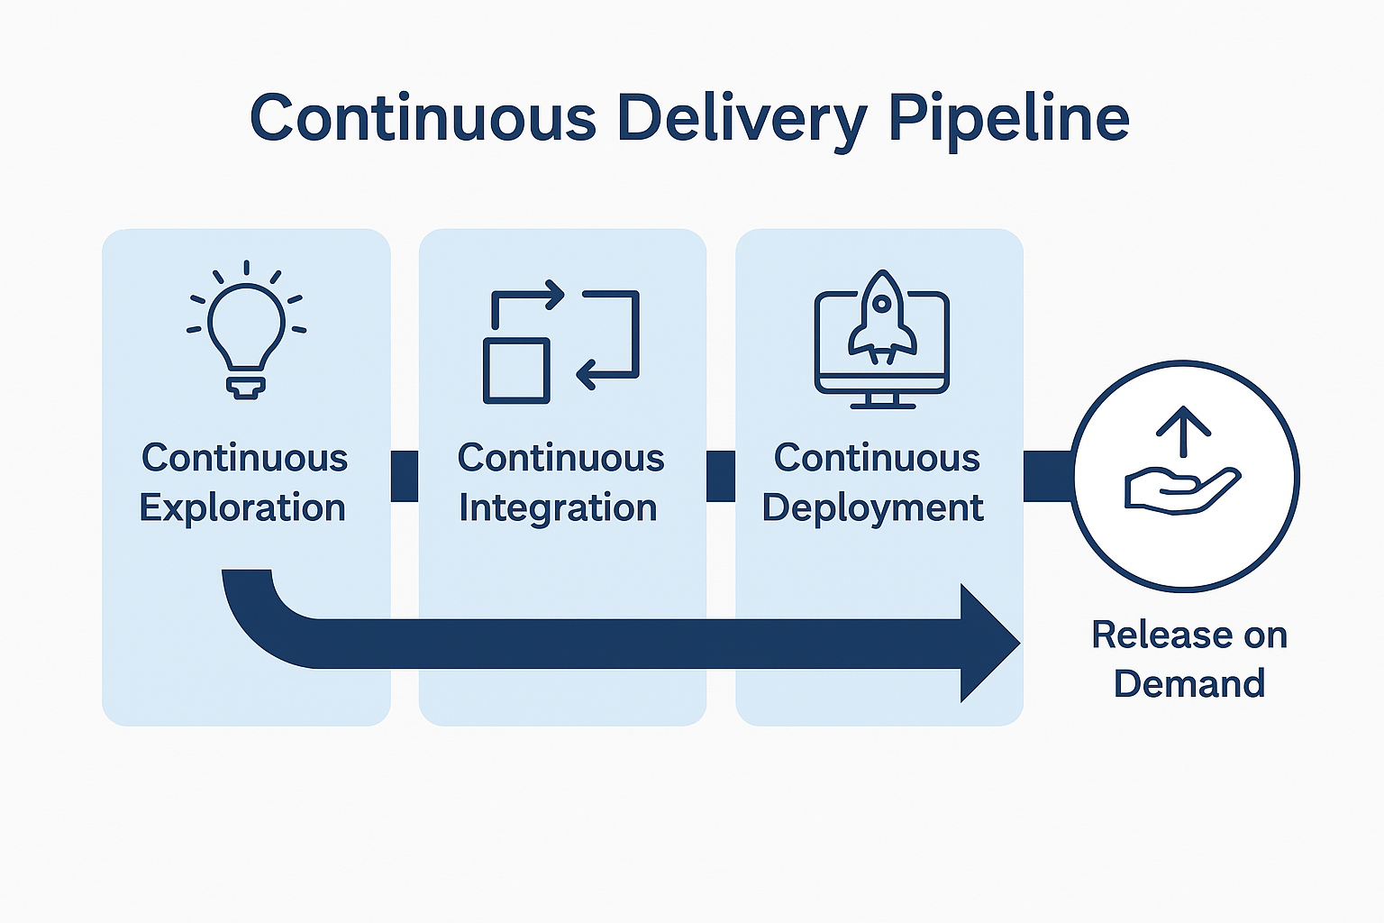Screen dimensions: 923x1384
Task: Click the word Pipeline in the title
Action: pyautogui.click(x=1008, y=119)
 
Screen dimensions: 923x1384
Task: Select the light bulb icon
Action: pyautogui.click(x=246, y=330)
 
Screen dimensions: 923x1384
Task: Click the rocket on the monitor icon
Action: pyautogui.click(x=882, y=315)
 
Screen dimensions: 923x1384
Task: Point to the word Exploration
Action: pyautogui.click(x=242, y=508)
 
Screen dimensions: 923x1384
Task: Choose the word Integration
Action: pyautogui.click(x=558, y=508)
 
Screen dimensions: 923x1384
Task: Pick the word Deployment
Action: pyautogui.click(x=872, y=508)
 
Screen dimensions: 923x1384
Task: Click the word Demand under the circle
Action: pyautogui.click(x=1189, y=683)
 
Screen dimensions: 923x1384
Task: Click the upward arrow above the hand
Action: pyautogui.click(x=1183, y=431)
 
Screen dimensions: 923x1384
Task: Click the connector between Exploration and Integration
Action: pyautogui.click(x=405, y=476)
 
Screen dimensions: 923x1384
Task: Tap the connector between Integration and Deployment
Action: pyautogui.click(x=721, y=476)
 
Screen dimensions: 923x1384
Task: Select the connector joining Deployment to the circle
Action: pyautogui.click(x=1047, y=476)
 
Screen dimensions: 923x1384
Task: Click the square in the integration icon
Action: pyautogui.click(x=516, y=370)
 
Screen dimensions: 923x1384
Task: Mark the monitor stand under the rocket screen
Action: pyautogui.click(x=882, y=400)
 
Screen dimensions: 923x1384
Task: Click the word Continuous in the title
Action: pyautogui.click(x=423, y=119)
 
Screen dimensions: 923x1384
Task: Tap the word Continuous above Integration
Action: pyautogui.click(x=560, y=458)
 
